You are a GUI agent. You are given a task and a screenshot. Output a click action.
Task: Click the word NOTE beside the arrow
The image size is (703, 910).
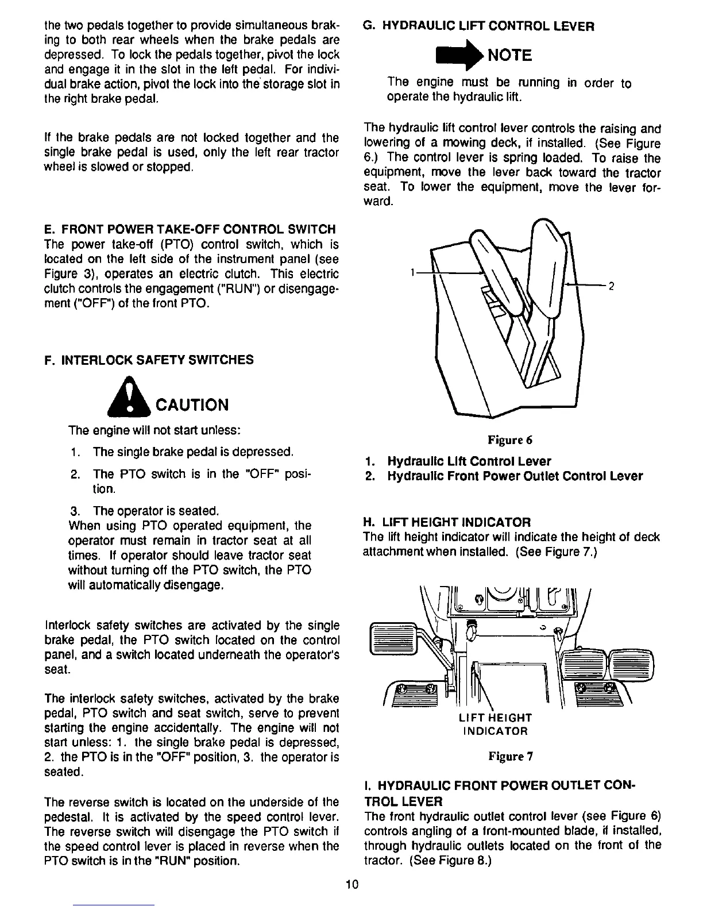coord(509,55)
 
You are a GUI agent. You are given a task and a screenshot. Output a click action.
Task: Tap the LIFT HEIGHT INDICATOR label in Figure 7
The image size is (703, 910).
coord(495,724)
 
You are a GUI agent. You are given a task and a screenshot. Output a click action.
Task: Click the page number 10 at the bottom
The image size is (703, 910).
coord(352,884)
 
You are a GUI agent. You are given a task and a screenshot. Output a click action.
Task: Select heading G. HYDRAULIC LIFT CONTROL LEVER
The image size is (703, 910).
coord(479,26)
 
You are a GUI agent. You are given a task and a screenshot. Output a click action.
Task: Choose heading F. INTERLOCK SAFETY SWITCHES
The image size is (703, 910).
coord(149,360)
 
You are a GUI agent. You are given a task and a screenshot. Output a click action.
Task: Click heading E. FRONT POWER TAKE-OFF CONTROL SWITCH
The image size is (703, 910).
coord(190,229)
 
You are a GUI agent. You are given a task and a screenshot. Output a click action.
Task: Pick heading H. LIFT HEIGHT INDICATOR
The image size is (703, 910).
coord(447,522)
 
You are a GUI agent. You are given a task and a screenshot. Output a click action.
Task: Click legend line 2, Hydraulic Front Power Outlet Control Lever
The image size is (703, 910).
coord(504,476)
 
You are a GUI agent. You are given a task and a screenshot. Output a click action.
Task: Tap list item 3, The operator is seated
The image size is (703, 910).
coord(144,511)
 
